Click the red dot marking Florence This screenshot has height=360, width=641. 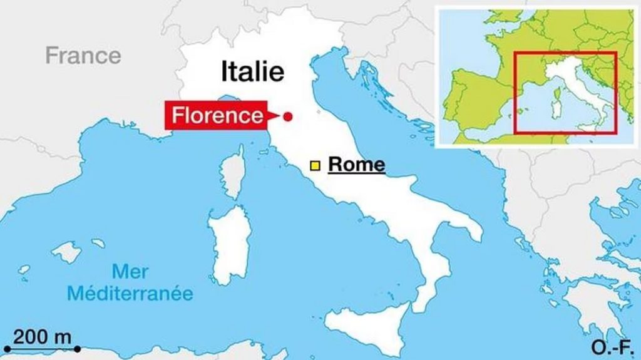point(287,116)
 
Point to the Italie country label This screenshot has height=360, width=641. point(252,71)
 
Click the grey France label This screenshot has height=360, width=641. point(83,55)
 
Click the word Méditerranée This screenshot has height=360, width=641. point(130,293)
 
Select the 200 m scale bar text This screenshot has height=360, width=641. point(43,336)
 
